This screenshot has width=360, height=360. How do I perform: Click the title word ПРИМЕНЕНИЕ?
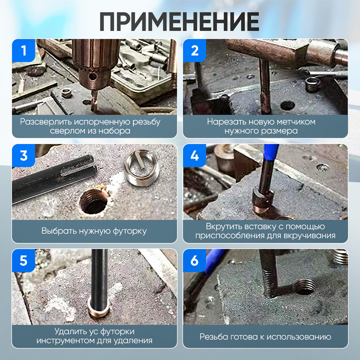179,22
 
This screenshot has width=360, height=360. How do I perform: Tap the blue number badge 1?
24,51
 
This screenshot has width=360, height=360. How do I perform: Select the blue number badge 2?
195,51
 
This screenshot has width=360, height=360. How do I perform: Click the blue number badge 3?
24,156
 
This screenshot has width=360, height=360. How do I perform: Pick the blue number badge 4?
195,156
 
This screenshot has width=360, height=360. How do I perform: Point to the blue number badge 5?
24,261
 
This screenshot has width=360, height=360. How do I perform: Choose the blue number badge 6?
195,261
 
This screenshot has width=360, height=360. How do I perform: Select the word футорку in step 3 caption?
129,231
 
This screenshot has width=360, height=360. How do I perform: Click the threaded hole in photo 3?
93,202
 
